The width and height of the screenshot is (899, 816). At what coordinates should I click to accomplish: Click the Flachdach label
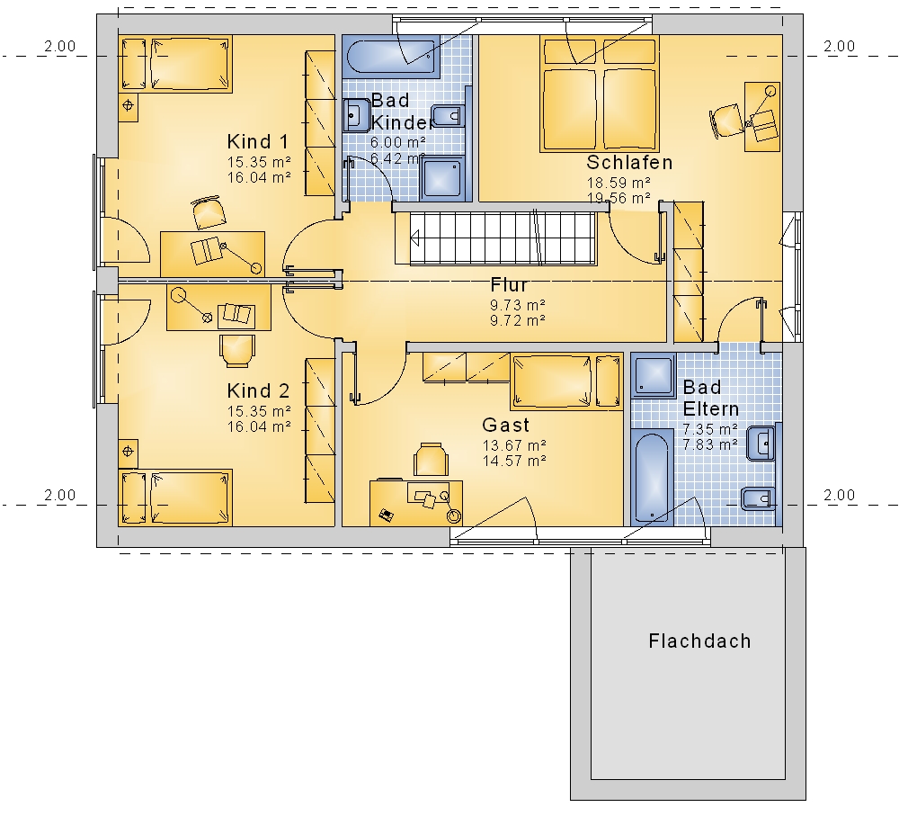coord(699,641)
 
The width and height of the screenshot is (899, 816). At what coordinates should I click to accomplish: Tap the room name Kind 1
coord(257,142)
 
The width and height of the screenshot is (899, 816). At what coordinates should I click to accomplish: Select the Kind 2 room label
coord(258,390)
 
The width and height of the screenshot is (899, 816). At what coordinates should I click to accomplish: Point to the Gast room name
coord(505,425)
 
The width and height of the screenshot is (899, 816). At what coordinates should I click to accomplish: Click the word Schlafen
coord(629,163)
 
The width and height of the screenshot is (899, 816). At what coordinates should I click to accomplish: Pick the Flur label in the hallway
coord(509,284)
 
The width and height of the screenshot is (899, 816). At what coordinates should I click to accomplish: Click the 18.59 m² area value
coord(619,183)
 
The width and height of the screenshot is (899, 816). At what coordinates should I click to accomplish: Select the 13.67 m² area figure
coord(513,445)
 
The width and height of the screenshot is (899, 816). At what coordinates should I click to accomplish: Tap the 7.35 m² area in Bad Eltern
coord(710,429)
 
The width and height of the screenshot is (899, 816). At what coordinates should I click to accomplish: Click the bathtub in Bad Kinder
coord(392,56)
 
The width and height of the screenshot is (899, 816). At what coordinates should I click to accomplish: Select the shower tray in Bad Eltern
coord(654,375)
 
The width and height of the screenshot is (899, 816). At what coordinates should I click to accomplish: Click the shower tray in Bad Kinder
coord(442,178)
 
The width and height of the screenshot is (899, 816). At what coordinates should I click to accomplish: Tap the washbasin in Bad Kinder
coord(357,115)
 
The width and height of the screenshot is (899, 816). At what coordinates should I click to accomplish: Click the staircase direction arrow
coord(415,238)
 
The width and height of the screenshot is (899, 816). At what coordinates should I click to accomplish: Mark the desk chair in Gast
coord(432,459)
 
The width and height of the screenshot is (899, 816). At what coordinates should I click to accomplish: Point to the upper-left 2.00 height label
coord(59,46)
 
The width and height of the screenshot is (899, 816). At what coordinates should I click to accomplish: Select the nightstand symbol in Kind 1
coord(129,106)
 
